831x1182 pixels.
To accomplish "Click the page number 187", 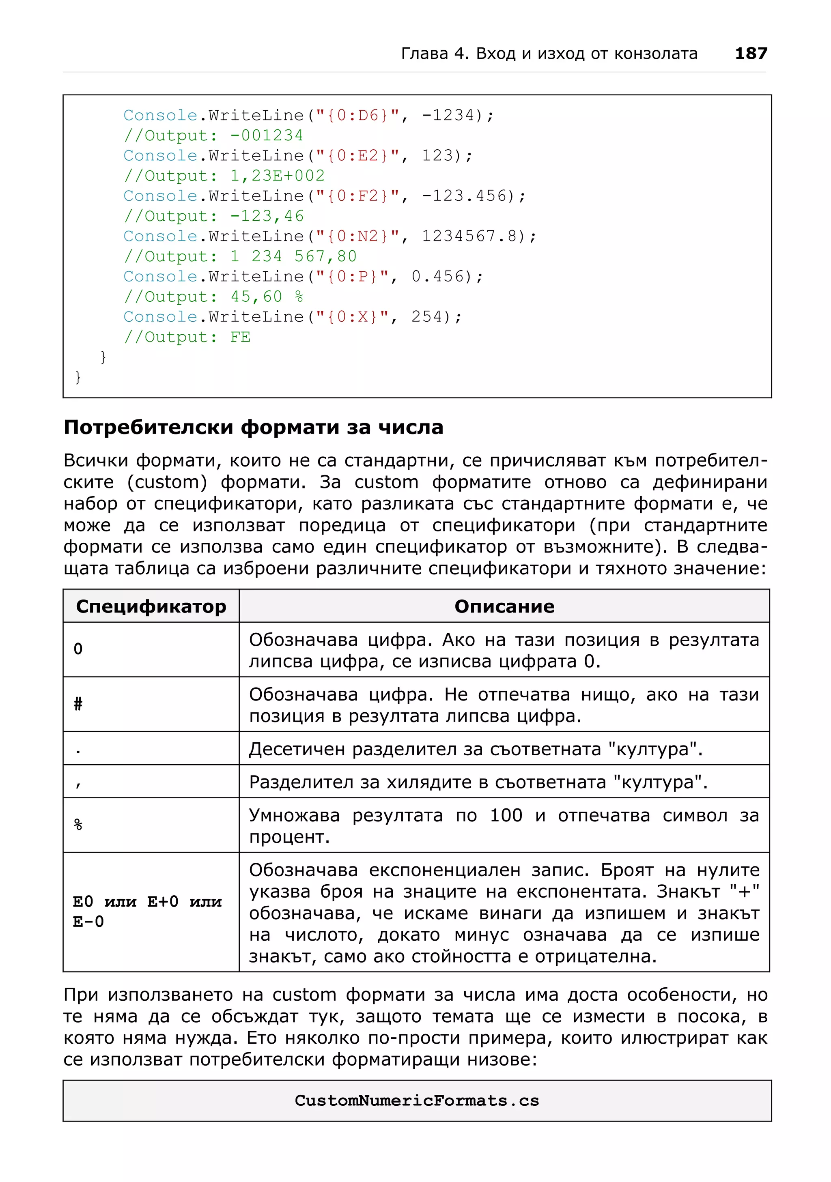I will pyautogui.click(x=751, y=54).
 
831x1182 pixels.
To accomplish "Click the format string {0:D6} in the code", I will pyautogui.click(x=357, y=115).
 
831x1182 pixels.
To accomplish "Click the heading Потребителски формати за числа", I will pyautogui.click(x=253, y=427).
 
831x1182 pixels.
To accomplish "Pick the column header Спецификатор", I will pyautogui.click(x=151, y=606).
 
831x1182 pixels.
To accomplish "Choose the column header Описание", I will pyautogui.click(x=504, y=606).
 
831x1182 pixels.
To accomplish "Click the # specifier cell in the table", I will pyautogui.click(x=78, y=704).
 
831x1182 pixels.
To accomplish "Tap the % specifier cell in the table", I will pyautogui.click(x=78, y=825).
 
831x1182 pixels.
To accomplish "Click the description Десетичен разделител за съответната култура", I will pyautogui.click(x=476, y=749).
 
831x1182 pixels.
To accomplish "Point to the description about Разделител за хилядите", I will pyautogui.click(x=478, y=782).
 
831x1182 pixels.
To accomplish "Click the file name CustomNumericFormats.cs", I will pyautogui.click(x=417, y=1100).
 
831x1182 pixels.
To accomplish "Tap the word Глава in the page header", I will pyautogui.click(x=424, y=54).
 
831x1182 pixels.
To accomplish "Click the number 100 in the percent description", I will pyautogui.click(x=506, y=815).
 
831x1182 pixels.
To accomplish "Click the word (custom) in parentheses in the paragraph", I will pyautogui.click(x=167, y=482).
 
